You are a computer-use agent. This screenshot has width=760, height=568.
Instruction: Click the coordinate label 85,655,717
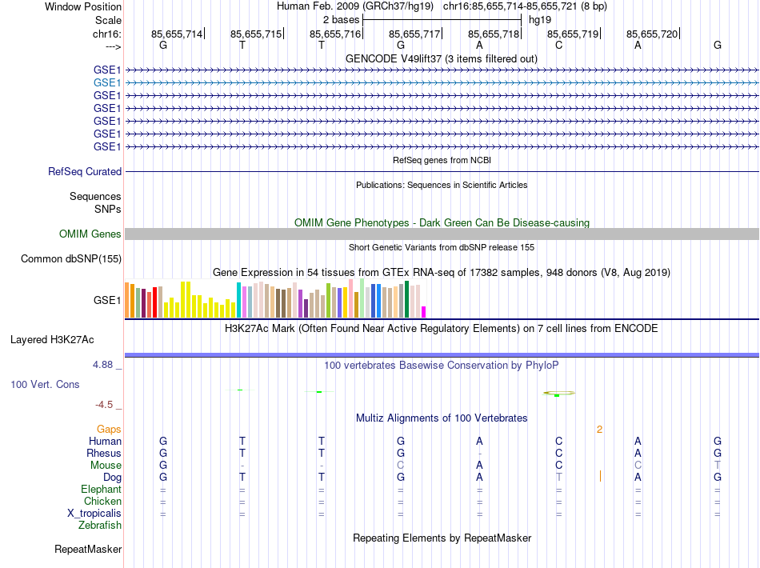414,34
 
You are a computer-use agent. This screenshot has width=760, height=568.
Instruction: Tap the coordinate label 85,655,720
652,34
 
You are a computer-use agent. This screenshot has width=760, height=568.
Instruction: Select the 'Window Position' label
83,6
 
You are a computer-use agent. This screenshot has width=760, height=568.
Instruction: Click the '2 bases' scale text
341,19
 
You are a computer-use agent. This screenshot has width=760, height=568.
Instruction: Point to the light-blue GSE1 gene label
107,82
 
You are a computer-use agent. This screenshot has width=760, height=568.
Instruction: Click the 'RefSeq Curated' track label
85,171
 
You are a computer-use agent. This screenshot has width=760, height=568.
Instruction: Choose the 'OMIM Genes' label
90,234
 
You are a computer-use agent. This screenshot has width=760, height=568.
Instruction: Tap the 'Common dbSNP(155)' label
71,259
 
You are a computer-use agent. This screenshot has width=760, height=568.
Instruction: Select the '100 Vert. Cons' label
45,385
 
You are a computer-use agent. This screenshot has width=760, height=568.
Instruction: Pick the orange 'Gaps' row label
109,430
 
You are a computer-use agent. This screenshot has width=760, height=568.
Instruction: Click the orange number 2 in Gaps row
599,430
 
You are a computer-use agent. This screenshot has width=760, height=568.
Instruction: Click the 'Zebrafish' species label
100,526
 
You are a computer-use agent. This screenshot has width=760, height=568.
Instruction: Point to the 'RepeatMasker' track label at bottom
88,550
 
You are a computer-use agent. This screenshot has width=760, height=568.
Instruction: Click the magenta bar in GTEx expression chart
424,311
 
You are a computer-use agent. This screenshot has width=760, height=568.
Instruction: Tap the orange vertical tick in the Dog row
600,477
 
